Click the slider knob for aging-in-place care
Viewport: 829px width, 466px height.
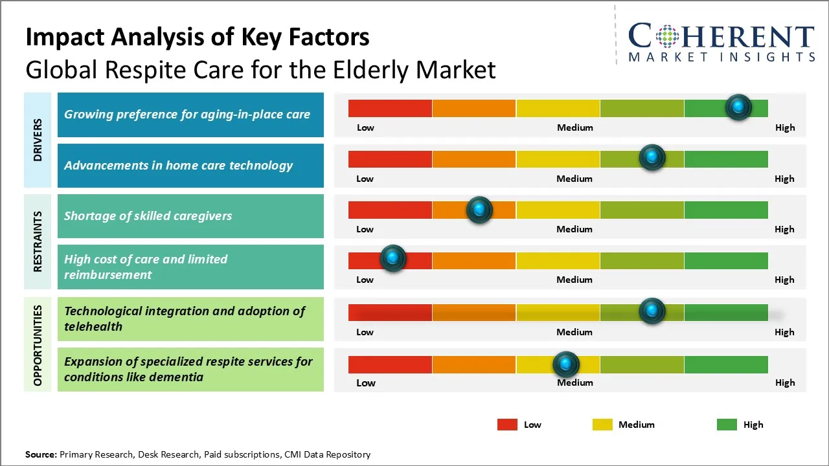(x=738, y=107)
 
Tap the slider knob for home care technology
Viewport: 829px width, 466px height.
(x=652, y=158)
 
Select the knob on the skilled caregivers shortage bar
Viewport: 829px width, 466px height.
(x=479, y=210)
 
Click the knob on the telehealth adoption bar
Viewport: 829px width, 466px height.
(x=652, y=311)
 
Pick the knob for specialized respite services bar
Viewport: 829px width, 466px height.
(x=565, y=364)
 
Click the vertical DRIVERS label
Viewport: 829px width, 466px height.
(x=38, y=139)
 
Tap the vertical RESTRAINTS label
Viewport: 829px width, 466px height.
(x=38, y=241)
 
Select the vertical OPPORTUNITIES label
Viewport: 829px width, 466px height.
(x=38, y=346)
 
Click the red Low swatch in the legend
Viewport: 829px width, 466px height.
(x=507, y=425)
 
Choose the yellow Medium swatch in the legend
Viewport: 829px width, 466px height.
(x=602, y=425)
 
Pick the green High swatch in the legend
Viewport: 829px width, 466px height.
(x=727, y=425)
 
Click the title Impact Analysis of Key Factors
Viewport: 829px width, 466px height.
(x=198, y=38)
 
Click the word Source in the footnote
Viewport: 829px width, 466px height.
(x=40, y=454)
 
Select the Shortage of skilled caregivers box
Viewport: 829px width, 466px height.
(x=190, y=216)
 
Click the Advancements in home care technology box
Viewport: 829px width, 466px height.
(x=190, y=166)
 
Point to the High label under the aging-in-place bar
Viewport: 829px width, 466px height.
(x=785, y=128)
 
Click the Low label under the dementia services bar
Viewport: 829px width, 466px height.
(x=366, y=383)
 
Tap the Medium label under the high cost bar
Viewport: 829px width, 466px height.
(x=574, y=280)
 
